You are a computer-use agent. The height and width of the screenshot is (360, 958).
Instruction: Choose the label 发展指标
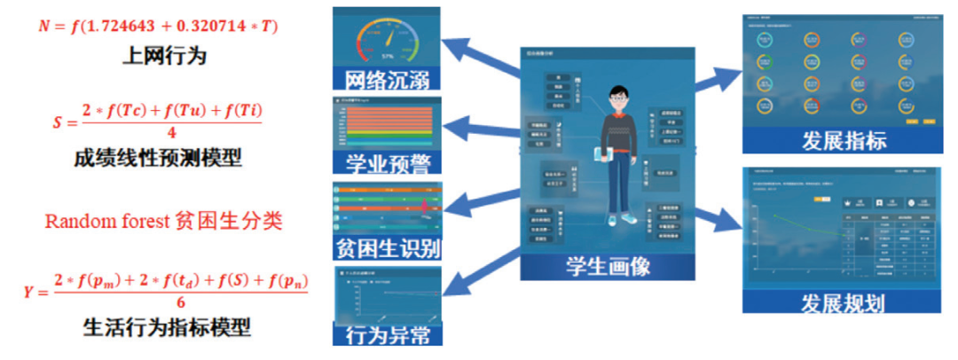point(844,141)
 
